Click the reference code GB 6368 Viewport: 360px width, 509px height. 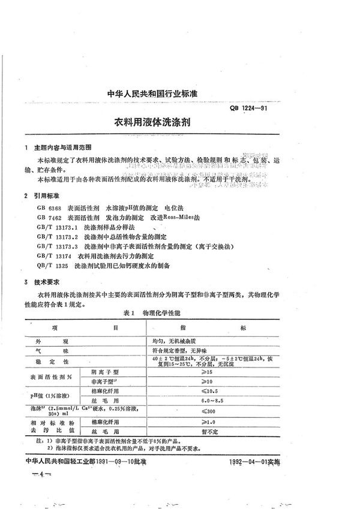[x=48, y=206]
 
